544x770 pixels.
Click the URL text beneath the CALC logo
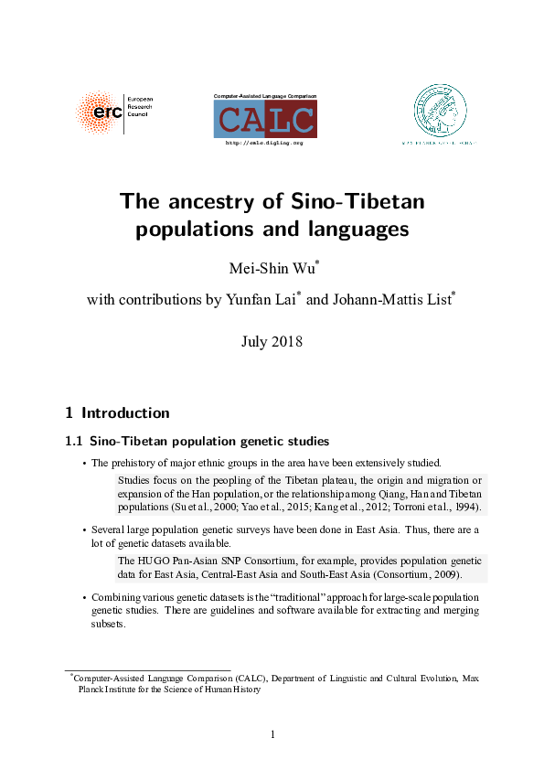[264, 144]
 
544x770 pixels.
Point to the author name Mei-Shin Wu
[272, 268]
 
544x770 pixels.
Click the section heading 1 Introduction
[117, 412]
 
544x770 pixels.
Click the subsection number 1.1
[74, 442]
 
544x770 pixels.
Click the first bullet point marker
[84, 463]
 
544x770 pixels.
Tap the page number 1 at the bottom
[272, 734]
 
